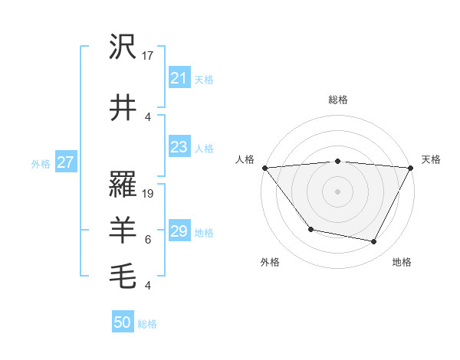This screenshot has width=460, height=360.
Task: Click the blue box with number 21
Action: (179, 78)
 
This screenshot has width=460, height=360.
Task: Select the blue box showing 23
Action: (179, 147)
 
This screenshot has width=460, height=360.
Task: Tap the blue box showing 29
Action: (179, 231)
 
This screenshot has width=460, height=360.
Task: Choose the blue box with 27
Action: (66, 162)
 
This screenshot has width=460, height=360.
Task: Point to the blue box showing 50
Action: (123, 322)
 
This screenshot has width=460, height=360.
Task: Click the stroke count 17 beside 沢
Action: (149, 56)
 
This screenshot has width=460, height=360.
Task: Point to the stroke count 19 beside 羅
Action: (149, 194)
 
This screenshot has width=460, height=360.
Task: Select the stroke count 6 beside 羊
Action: (148, 239)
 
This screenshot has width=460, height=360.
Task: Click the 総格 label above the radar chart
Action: (337, 100)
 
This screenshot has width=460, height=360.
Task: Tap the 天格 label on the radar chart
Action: (431, 159)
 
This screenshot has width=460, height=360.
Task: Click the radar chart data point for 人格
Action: (264, 168)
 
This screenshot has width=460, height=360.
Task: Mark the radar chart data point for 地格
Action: (374, 241)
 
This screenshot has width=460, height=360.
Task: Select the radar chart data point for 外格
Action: (310, 229)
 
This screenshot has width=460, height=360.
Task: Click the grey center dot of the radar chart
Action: (337, 191)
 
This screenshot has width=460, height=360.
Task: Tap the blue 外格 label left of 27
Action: (40, 163)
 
